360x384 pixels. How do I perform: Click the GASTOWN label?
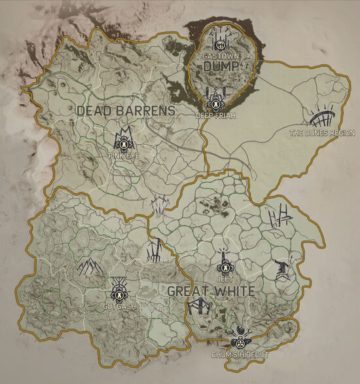(221, 56)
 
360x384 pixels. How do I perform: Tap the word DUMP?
(221, 67)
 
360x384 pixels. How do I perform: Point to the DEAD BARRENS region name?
(126, 111)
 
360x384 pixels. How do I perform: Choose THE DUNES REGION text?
(322, 133)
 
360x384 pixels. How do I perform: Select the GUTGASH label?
(118, 306)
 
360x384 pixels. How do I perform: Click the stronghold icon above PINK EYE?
(122, 139)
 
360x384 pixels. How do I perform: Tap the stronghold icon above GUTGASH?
(118, 289)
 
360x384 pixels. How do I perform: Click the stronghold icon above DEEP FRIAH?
(214, 99)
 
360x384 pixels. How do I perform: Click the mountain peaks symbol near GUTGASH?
(90, 266)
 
